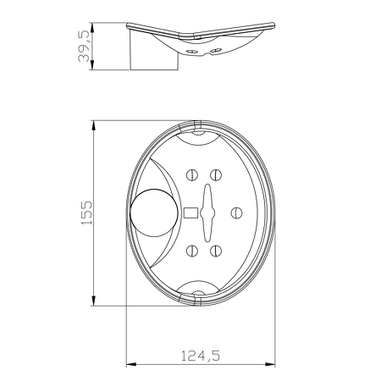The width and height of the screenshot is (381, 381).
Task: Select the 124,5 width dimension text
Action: click(x=202, y=356)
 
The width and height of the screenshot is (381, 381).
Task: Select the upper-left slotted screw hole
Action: click(x=191, y=175)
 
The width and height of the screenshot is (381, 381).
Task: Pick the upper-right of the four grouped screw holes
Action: click(x=216, y=175)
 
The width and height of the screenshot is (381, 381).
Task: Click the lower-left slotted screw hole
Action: click(x=191, y=250)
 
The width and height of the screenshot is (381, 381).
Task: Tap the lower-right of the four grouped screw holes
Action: click(x=216, y=250)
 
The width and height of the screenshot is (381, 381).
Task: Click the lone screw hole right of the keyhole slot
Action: click(x=238, y=213)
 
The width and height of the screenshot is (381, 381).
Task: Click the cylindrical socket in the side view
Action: click(x=153, y=52)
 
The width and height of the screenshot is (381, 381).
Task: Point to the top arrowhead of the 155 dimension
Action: click(x=93, y=124)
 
